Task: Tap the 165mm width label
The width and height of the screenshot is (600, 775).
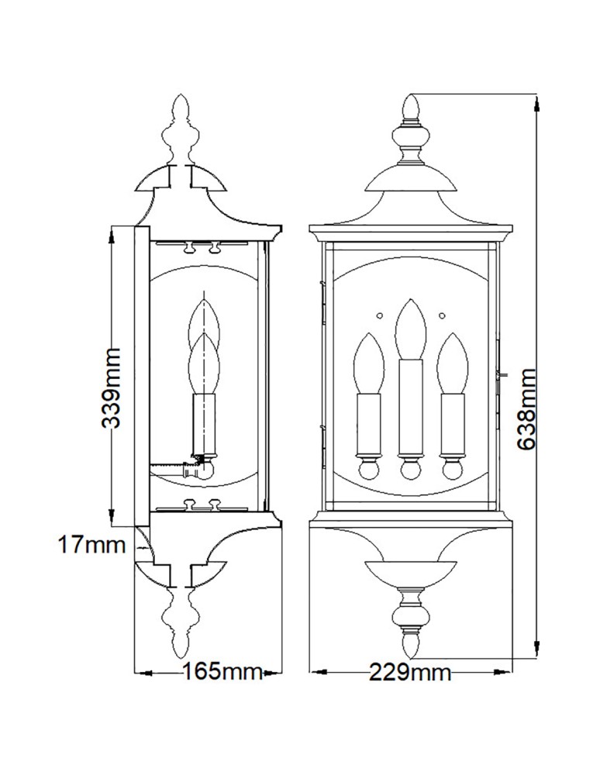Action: [x=222, y=671]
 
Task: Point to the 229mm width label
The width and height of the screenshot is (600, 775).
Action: [x=409, y=671]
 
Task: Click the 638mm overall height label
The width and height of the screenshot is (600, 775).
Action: [x=528, y=408]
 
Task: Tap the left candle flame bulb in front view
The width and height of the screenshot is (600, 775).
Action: [x=367, y=363]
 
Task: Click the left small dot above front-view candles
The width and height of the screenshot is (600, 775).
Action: [x=379, y=315]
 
